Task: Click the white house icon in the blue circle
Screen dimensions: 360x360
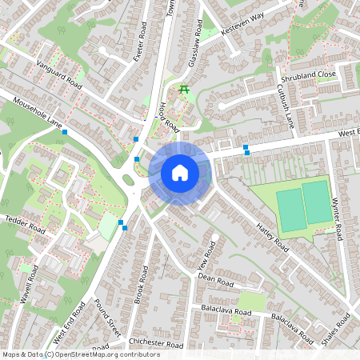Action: click(x=180, y=172)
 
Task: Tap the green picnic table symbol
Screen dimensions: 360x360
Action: click(x=185, y=89)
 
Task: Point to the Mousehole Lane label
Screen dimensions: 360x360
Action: click(x=32, y=113)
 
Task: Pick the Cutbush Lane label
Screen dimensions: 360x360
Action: click(x=286, y=106)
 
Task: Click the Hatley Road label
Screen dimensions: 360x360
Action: click(x=273, y=238)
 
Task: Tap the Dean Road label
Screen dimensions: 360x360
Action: click(x=214, y=282)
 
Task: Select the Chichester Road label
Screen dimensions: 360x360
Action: click(x=156, y=345)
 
